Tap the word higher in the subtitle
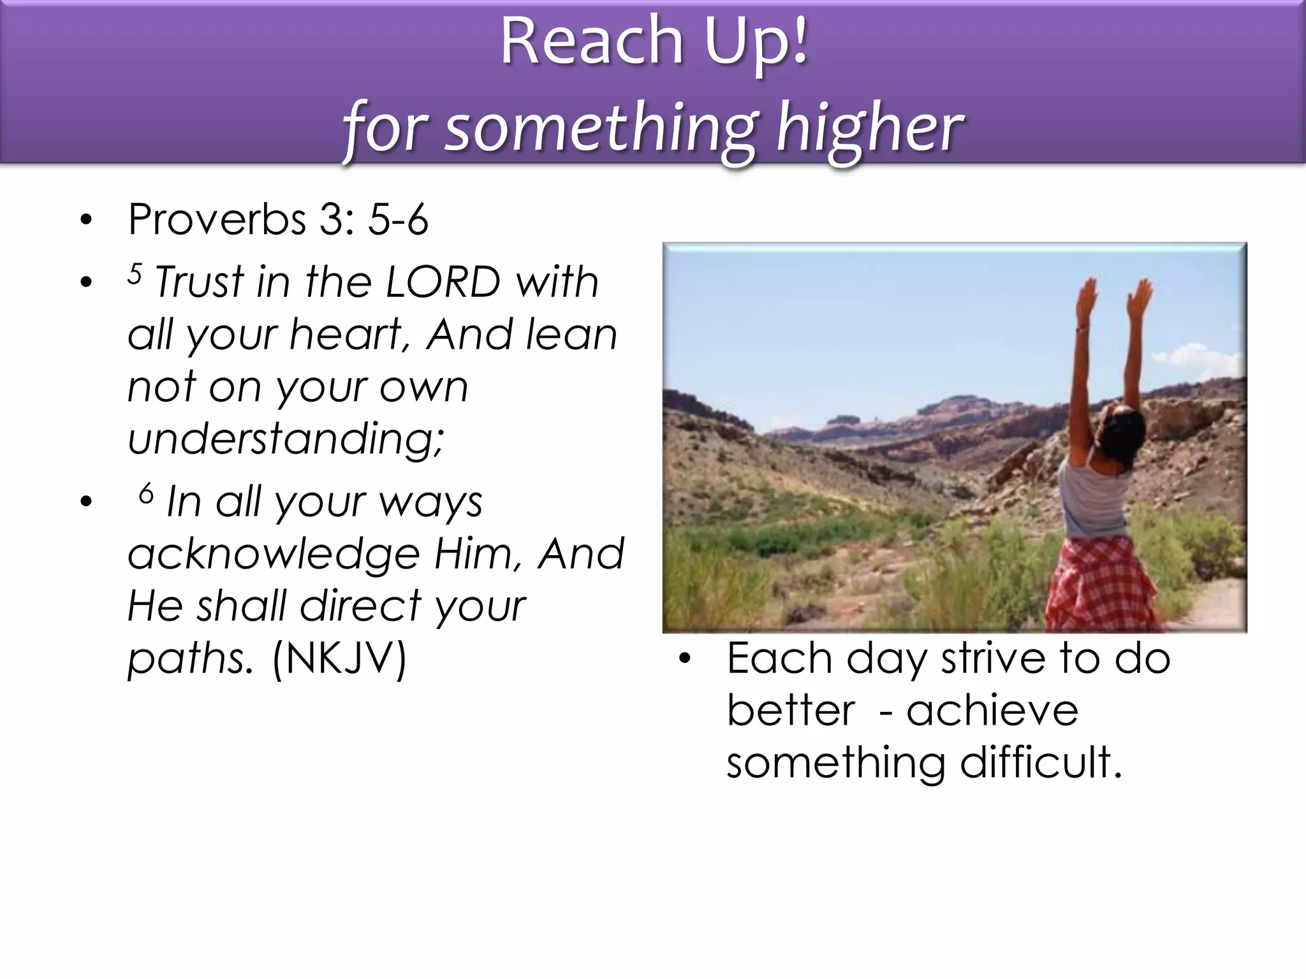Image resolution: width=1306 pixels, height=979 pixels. point(869,127)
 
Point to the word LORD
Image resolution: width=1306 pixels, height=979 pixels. point(443,282)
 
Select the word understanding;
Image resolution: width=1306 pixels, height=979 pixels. point(286,439)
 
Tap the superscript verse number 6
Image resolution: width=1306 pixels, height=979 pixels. point(147,493)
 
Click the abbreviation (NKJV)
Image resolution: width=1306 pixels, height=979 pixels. point(339,658)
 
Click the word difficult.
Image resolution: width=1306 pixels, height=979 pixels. point(1041,762)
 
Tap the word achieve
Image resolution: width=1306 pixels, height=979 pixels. point(992,710)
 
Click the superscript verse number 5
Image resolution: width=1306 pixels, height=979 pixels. point(135,274)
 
